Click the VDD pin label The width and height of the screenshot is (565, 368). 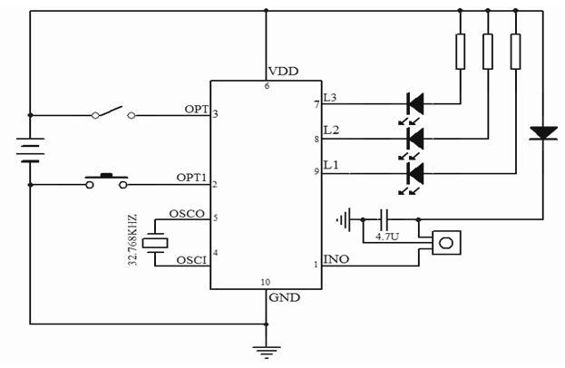click(x=282, y=72)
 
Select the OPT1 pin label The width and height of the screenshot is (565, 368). click(x=193, y=178)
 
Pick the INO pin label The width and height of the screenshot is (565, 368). click(x=336, y=258)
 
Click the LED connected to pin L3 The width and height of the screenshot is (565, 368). click(x=416, y=102)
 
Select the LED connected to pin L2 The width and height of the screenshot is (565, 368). click(x=416, y=138)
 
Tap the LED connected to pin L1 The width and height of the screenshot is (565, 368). click(x=416, y=171)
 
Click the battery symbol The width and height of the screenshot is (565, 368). click(x=31, y=149)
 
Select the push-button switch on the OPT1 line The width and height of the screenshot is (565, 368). click(x=106, y=181)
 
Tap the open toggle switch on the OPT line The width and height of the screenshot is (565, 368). click(x=114, y=113)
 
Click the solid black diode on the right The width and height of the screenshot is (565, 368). click(x=543, y=133)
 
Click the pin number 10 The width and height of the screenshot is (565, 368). click(x=265, y=282)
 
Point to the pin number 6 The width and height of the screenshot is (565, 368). click(x=267, y=86)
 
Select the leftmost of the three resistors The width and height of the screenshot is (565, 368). click(x=461, y=50)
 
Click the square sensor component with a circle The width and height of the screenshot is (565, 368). click(x=445, y=243)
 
